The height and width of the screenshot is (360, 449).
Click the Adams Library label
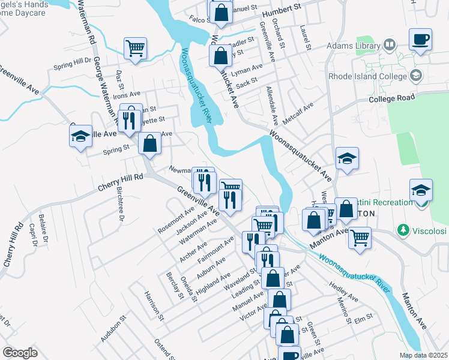353,46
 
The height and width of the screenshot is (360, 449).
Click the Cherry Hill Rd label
121,182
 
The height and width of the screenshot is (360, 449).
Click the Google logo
20,353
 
